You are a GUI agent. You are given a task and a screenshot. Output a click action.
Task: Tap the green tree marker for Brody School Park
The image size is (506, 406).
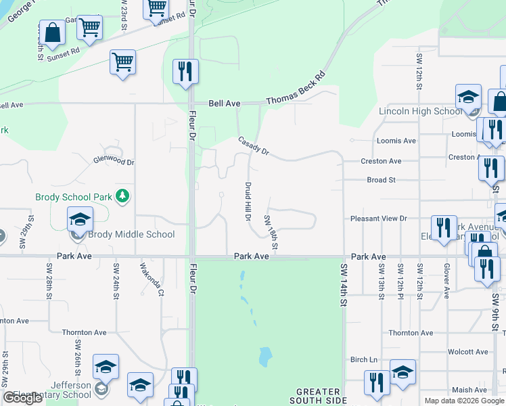[x=122, y=196]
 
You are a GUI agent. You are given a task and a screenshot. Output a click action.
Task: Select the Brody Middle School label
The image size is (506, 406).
[x=131, y=235]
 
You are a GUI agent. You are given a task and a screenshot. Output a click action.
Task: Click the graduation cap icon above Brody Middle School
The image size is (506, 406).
[x=80, y=220]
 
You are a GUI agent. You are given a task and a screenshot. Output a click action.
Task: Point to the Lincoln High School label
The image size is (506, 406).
[x=420, y=111]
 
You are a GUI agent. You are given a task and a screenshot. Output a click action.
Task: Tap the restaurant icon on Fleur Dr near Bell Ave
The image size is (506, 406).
[x=185, y=72]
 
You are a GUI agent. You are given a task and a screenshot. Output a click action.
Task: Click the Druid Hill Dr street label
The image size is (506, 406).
[x=247, y=200]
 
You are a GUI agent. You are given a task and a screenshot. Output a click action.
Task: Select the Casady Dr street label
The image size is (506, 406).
[x=254, y=146]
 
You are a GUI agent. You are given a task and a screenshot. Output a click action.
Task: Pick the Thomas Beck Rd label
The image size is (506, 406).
[x=296, y=89]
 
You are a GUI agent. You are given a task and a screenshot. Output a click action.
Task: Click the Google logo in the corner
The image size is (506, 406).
[x=22, y=398]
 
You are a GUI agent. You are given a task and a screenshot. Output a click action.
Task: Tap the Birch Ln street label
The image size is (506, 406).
[x=363, y=359]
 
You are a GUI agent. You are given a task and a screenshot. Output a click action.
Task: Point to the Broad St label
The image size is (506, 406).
[x=381, y=180]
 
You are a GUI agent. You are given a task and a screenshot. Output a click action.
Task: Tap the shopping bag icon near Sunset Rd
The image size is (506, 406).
[x=52, y=32]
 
